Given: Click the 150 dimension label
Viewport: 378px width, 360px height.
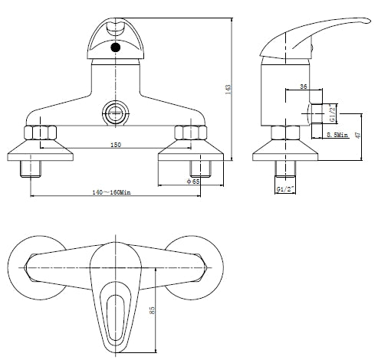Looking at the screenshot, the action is point(116,145).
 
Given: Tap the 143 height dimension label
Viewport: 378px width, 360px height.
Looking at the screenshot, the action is point(228,90).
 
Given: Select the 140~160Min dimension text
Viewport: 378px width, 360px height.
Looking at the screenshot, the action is point(111,192).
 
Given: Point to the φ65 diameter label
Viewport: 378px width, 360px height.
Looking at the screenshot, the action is point(193,182).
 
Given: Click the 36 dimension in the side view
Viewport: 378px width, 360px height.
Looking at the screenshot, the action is point(304,87).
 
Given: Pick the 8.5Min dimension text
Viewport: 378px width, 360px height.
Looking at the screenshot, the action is point(337,135).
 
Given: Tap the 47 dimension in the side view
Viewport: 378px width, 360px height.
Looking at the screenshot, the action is point(358,135).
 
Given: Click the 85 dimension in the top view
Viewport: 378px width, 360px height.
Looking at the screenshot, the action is point(152,310).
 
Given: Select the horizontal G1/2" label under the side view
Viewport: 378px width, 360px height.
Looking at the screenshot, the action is point(285,189).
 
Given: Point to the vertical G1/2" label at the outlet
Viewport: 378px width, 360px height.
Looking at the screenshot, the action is point(332,113).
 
